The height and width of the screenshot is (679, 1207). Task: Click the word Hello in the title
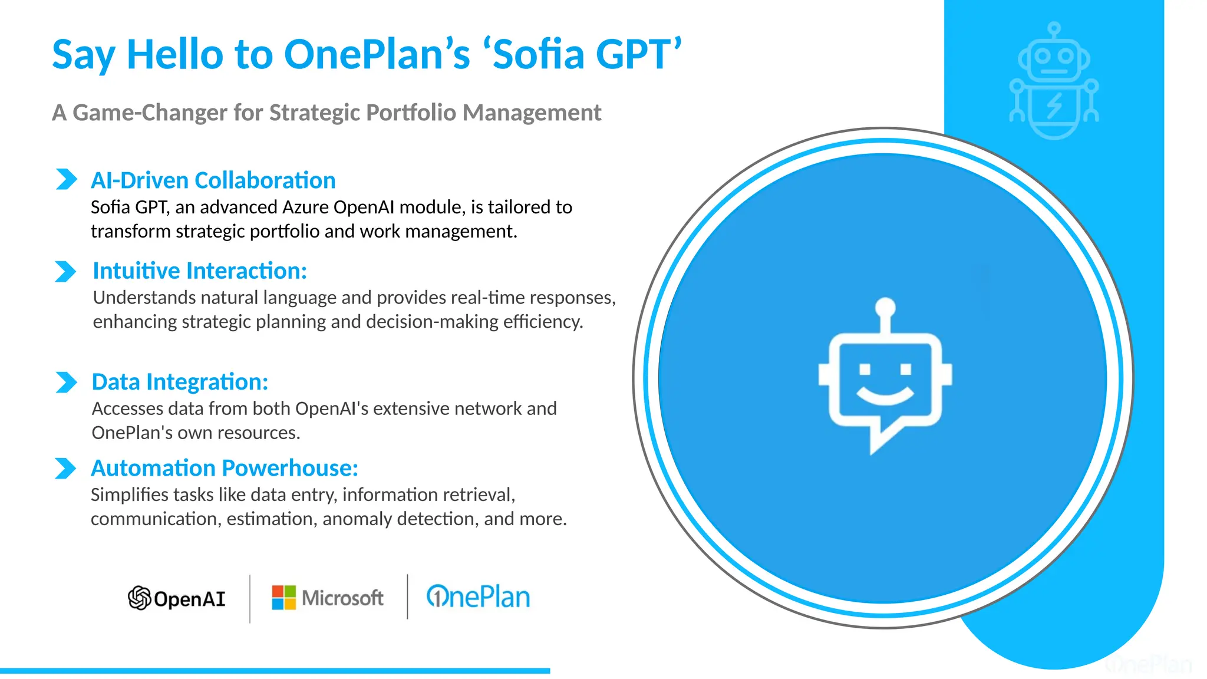pos(175,54)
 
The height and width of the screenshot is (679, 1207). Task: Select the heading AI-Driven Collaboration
pos(213,180)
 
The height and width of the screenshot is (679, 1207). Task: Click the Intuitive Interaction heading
pos(200,271)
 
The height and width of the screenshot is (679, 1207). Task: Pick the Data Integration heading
pos(180,382)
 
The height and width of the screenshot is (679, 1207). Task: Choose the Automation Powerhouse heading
pos(224,468)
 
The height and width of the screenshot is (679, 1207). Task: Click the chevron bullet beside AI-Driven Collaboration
pos(66,179)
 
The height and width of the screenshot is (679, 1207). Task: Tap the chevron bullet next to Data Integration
pos(66,382)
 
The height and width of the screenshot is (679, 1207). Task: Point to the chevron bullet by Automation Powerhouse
pos(65,469)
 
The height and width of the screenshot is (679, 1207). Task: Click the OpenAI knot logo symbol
pos(140,598)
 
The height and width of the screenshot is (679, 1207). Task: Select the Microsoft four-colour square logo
pos(283,598)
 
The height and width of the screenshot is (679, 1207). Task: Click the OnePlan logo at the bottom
pos(478,597)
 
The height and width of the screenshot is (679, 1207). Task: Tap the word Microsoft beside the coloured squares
pos(342,598)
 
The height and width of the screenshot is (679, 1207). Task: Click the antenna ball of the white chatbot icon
pos(885,307)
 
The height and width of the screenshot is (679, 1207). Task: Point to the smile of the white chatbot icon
pos(885,396)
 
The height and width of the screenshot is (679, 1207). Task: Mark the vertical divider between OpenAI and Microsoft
pos(250,598)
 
